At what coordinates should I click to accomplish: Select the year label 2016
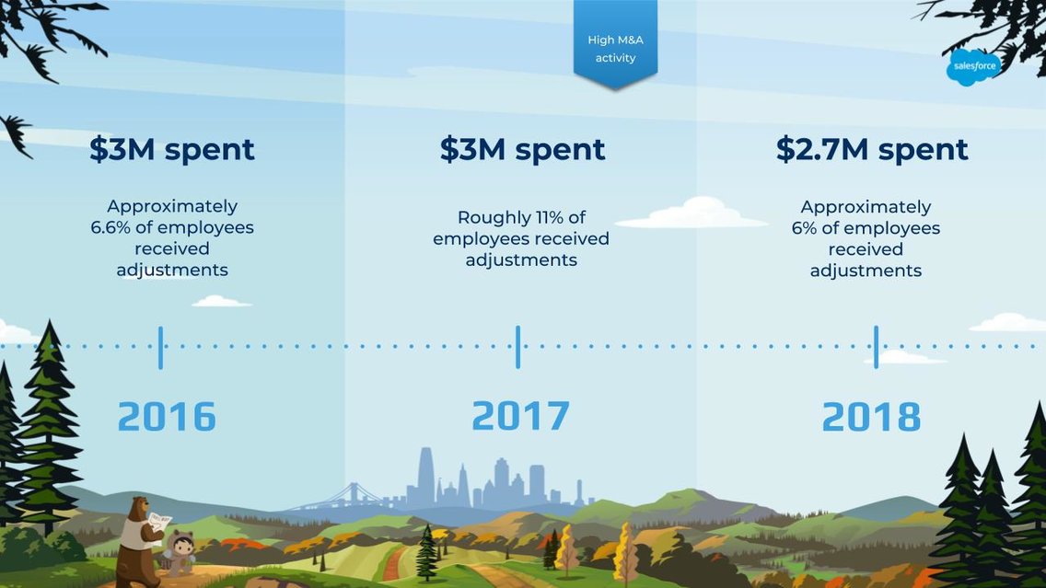click(x=167, y=417)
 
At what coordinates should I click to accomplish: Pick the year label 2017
click(x=520, y=416)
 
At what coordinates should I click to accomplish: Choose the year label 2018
click(x=871, y=417)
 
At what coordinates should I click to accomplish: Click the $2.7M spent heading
click(x=872, y=149)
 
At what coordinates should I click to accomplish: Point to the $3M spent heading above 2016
click(x=172, y=149)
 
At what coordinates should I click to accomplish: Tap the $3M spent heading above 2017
click(x=522, y=149)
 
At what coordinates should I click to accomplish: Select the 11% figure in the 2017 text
click(x=545, y=218)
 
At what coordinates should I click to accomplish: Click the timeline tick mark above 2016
click(x=160, y=347)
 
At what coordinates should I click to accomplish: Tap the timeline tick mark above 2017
click(x=517, y=347)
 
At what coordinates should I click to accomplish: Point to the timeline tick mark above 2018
click(x=876, y=347)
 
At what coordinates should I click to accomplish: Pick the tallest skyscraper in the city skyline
click(x=425, y=477)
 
